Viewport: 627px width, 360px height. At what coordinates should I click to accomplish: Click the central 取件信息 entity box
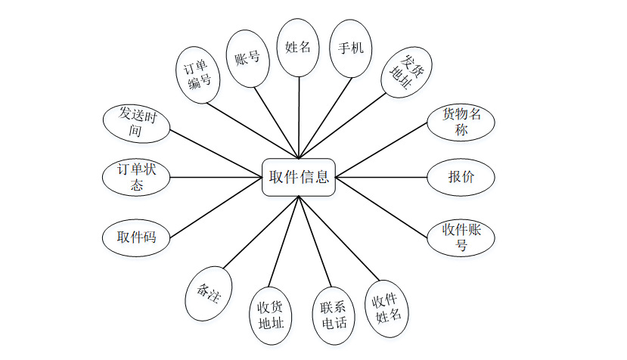pos(299,178)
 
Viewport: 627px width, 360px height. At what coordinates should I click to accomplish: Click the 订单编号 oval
pos(198,74)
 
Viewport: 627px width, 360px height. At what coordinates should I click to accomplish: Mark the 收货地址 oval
pos(270,315)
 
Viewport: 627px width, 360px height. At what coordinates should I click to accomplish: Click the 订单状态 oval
pos(136,178)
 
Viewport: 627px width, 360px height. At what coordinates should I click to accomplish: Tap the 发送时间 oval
pos(136,123)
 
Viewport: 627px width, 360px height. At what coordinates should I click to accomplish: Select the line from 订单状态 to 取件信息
pos(216,178)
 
